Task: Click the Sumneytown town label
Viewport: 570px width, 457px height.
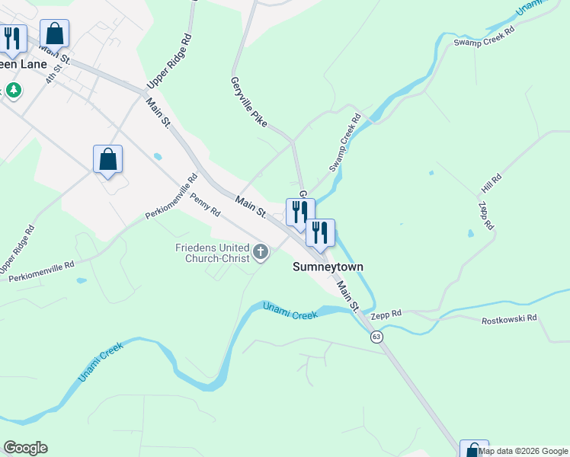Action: (328, 267)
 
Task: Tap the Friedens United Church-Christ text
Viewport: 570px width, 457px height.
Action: (213, 253)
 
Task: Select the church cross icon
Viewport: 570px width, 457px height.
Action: (261, 252)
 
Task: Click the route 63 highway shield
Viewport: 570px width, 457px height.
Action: (376, 337)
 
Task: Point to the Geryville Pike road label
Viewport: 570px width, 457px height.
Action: (248, 101)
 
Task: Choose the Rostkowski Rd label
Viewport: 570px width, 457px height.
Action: (509, 318)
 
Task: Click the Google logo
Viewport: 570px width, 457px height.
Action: (25, 448)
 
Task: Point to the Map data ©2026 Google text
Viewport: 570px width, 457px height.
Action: (524, 451)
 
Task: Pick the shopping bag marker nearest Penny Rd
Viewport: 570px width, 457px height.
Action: (107, 160)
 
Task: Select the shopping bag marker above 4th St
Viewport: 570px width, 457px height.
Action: (54, 34)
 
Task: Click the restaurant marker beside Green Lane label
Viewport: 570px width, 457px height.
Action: (11, 39)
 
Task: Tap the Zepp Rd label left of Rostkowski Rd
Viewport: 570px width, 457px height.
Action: (386, 314)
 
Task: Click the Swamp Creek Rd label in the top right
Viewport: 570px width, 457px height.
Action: (485, 38)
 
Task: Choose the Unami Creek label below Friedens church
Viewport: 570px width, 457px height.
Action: (290, 311)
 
